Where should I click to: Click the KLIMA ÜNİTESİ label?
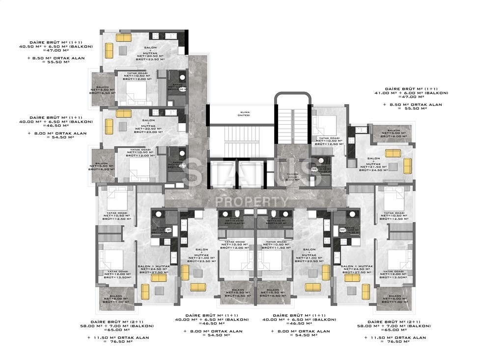click(x=241, y=113)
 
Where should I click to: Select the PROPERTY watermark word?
click(x=252, y=201)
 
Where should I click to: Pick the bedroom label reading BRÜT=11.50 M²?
click(x=275, y=248)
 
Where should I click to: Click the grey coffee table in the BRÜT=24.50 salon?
click(x=392, y=166)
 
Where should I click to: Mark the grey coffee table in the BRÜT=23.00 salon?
click(x=122, y=126)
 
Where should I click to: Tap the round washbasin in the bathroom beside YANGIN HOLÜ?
click(x=321, y=160)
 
